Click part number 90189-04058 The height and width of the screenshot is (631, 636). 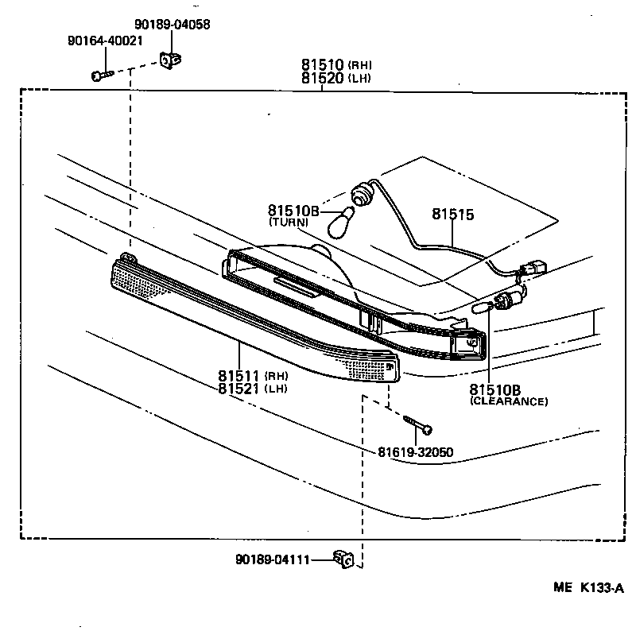tap(172, 25)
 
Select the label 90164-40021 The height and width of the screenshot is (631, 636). tap(105, 41)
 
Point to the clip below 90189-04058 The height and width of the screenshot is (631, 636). tap(169, 60)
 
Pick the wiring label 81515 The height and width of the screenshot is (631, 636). tap(453, 215)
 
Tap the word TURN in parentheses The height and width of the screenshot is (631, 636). tap(289, 223)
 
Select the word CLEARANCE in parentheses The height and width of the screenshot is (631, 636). tap(509, 401)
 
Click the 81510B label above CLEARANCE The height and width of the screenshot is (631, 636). tap(495, 389)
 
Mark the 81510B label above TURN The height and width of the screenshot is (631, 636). tap(293, 211)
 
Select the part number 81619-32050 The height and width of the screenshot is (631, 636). tap(415, 452)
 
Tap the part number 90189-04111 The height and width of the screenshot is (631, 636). tap(273, 559)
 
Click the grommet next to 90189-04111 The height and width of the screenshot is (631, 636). tap(345, 559)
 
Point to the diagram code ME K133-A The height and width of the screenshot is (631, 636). tap(588, 589)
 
